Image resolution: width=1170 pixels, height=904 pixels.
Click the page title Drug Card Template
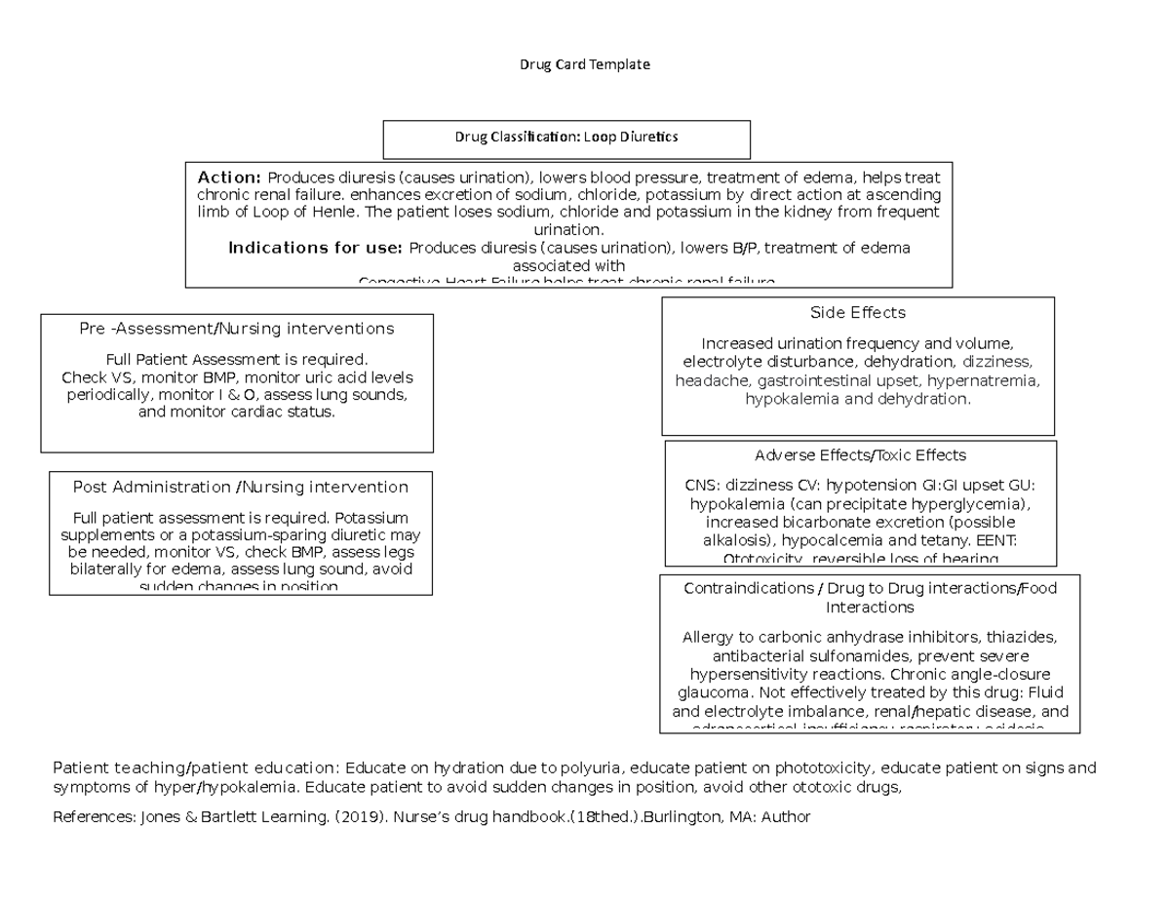(584, 64)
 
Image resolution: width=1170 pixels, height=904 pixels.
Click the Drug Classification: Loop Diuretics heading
(565, 138)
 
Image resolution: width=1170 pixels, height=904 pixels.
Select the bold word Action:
(229, 177)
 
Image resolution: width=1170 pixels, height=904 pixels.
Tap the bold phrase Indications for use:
(317, 248)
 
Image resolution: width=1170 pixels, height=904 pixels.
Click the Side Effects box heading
(857, 313)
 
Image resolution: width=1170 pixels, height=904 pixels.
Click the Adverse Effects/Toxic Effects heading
(860, 455)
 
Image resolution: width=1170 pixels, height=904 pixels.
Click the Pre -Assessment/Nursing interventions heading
(237, 329)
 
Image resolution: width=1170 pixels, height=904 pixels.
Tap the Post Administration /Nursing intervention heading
(241, 487)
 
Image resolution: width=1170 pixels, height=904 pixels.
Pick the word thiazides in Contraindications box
(1022, 637)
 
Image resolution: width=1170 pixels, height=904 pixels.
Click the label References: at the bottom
(89, 817)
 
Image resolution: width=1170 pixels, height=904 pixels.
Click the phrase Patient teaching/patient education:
(197, 767)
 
